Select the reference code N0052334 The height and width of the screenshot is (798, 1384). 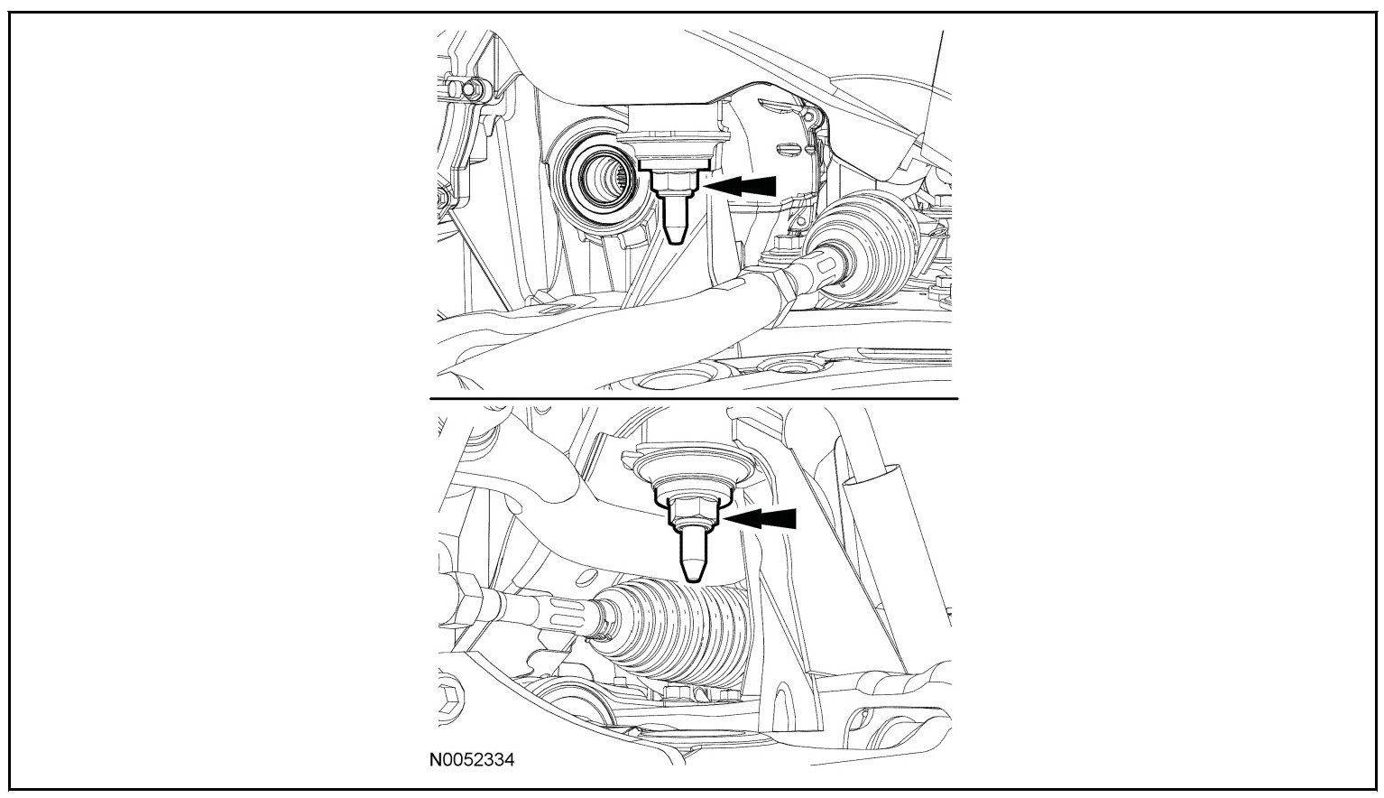click(x=471, y=760)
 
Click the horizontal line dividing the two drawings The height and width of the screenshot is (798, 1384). click(x=693, y=398)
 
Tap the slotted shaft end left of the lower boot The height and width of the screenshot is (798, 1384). click(x=559, y=614)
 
